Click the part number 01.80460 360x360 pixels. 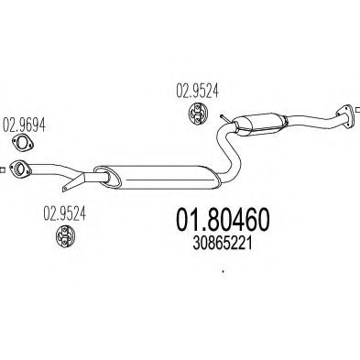223,219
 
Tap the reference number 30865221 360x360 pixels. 223,244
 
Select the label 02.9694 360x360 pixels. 24,125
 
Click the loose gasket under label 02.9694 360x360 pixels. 23,143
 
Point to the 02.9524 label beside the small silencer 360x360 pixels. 197,91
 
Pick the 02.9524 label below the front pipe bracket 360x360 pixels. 64,213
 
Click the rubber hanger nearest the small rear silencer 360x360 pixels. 197,115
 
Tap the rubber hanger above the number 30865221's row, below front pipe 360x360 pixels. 65,236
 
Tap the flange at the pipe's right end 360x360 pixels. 346,116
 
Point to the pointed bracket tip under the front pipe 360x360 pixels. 64,190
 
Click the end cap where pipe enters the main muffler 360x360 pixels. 108,177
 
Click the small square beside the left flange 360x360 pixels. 2,169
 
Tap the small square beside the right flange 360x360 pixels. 358,109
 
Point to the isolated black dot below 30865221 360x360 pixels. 224,271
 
